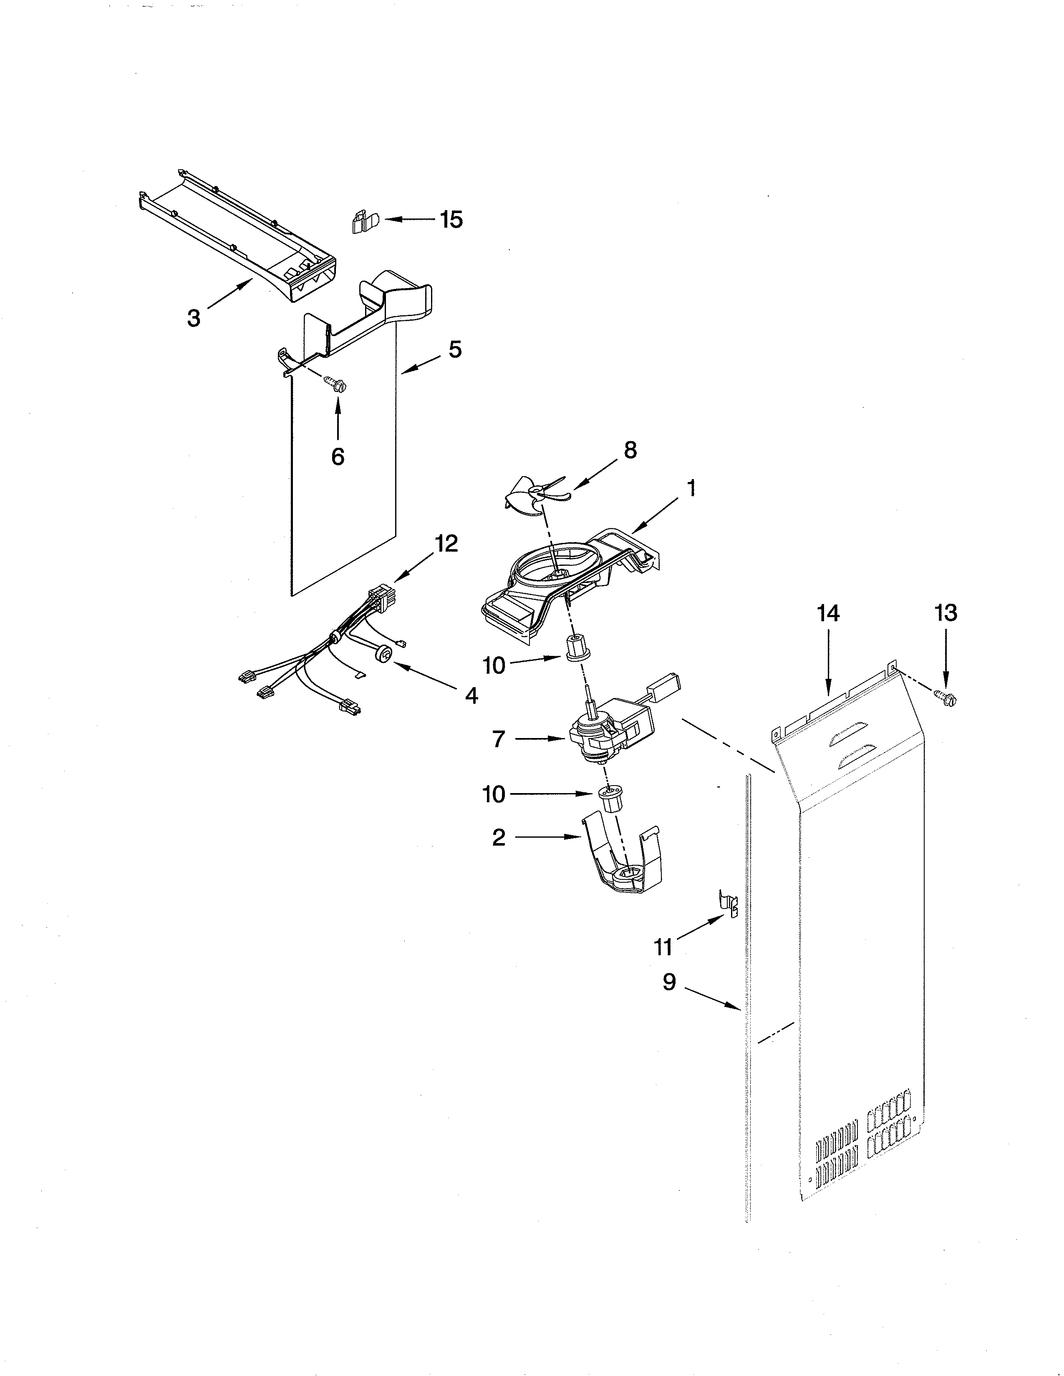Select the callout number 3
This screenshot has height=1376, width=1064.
click(x=194, y=318)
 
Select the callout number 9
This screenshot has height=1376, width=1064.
click(x=669, y=982)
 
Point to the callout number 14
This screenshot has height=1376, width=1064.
click(x=828, y=613)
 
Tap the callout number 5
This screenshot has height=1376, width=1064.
click(x=455, y=350)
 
